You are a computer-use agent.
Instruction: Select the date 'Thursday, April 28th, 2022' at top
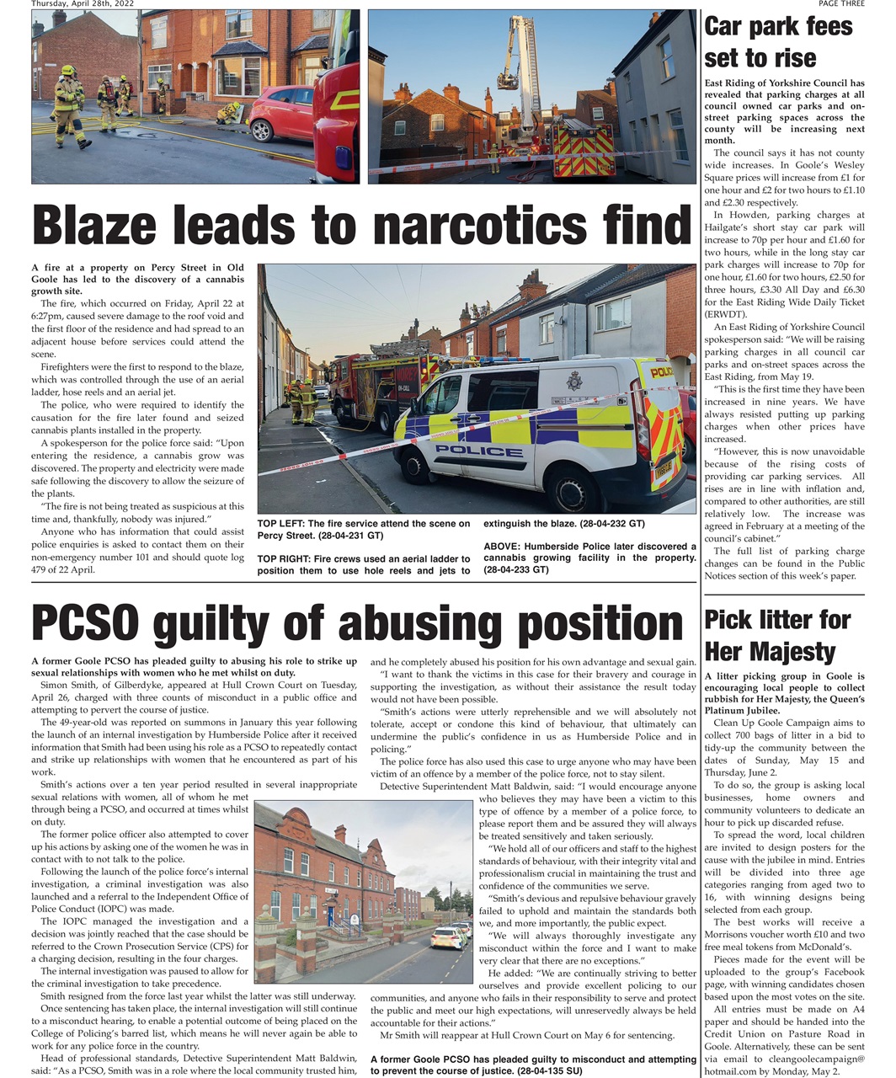pos(83,3)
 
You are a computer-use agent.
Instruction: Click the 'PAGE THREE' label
pos(840,3)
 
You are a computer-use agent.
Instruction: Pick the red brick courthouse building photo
pos(362,891)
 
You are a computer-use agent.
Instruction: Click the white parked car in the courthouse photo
pos(445,938)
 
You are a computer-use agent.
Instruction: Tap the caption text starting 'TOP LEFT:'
pos(364,529)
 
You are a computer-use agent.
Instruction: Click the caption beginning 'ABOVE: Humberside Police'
pos(589,558)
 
